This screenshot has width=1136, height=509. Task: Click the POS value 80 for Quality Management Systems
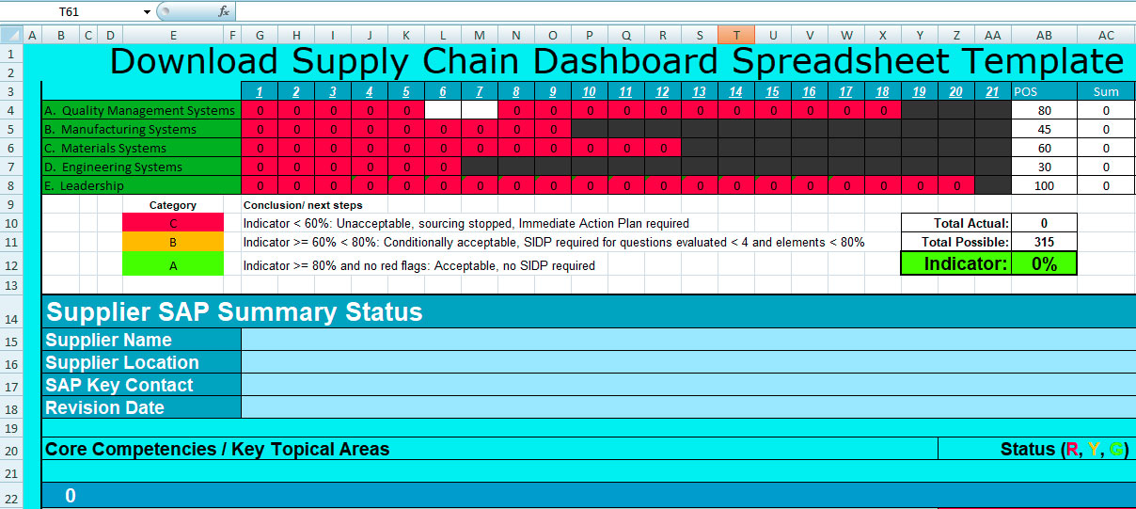pyautogui.click(x=1044, y=111)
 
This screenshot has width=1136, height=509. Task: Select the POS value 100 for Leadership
pyautogui.click(x=1044, y=185)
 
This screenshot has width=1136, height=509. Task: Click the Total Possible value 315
pyautogui.click(x=1044, y=242)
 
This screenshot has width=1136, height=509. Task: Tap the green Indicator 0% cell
pyautogui.click(x=1044, y=263)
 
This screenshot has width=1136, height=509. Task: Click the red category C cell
pyautogui.click(x=173, y=223)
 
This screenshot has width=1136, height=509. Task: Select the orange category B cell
pyautogui.click(x=173, y=242)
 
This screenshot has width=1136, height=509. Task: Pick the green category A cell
pyautogui.click(x=173, y=265)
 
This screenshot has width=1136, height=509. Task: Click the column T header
pyautogui.click(x=736, y=35)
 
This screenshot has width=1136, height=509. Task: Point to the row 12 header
pyautogui.click(x=11, y=265)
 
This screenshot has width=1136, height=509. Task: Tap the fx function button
pyautogui.click(x=224, y=11)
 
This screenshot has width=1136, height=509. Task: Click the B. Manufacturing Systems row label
pyautogui.click(x=120, y=130)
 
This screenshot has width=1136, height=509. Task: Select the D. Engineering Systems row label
pyautogui.click(x=113, y=167)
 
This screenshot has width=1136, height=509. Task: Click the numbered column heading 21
pyautogui.click(x=992, y=92)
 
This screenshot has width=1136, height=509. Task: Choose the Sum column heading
pyautogui.click(x=1106, y=92)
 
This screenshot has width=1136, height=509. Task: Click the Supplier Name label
pyautogui.click(x=108, y=340)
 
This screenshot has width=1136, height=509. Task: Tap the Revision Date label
pyautogui.click(x=104, y=407)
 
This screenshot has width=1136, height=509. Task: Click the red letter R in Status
pyautogui.click(x=1072, y=449)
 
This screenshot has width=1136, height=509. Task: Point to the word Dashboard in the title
pyautogui.click(x=625, y=61)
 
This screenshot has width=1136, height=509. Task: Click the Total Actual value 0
pyautogui.click(x=1044, y=223)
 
